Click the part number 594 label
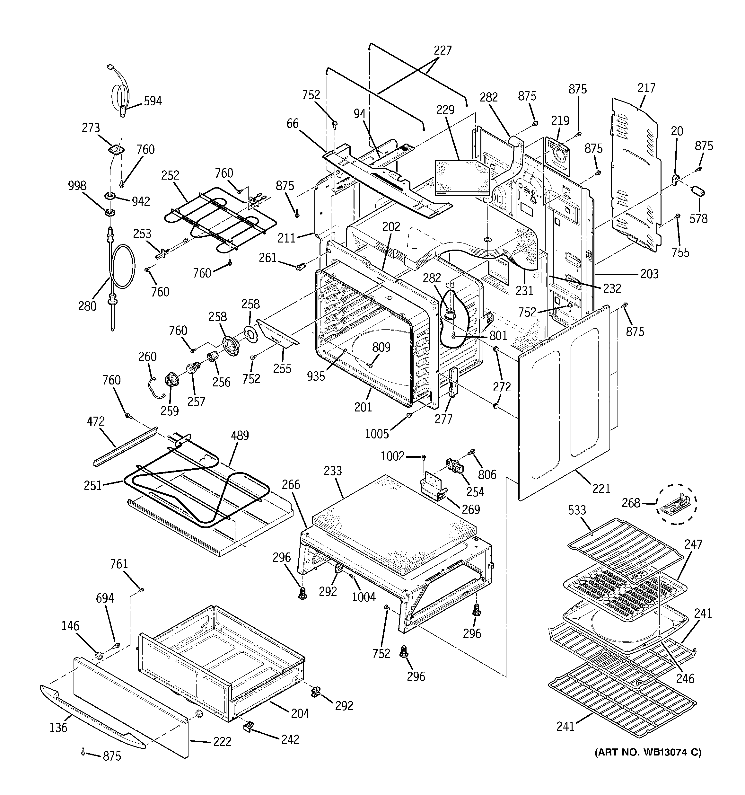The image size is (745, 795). point(153,101)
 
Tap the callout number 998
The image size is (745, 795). point(77,186)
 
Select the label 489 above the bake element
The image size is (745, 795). point(240,436)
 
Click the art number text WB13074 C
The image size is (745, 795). point(648,753)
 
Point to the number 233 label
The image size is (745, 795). point(333,471)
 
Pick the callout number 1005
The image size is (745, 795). point(377,434)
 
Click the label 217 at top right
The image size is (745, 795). point(646,88)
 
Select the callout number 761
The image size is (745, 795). point(119,564)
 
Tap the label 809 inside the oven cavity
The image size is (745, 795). point(381,347)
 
